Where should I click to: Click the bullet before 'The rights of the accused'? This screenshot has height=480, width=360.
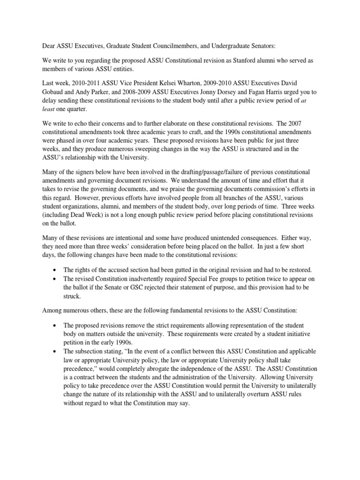tap(55, 270)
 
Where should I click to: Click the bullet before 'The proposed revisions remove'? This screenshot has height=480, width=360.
tap(55, 325)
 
